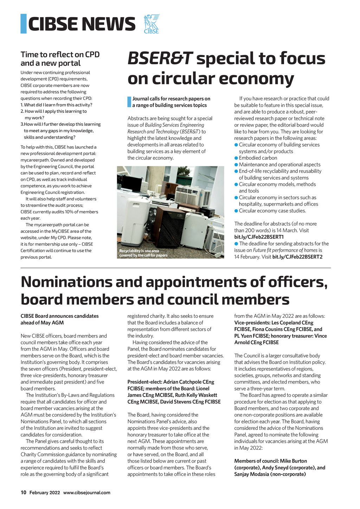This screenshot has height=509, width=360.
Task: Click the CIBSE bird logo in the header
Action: point(152,24)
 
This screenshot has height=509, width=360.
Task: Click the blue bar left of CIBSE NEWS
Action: point(24,24)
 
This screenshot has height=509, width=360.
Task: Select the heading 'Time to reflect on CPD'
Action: point(60,54)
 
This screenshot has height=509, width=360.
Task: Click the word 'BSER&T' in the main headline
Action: point(160,58)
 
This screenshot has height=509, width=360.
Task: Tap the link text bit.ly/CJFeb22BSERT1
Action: point(259,237)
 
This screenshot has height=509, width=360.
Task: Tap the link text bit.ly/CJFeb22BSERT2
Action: point(297,257)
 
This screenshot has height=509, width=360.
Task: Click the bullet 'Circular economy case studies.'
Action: point(272,211)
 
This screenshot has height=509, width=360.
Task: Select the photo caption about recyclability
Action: point(143,253)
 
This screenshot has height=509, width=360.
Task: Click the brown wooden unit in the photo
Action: point(168,227)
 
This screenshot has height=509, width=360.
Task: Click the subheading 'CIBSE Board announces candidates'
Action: point(59,316)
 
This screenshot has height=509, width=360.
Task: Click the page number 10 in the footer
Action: point(24,492)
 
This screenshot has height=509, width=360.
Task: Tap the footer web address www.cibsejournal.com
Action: point(87,492)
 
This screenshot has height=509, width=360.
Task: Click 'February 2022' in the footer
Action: point(45,492)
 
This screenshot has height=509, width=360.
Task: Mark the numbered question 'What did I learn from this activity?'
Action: point(58,105)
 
